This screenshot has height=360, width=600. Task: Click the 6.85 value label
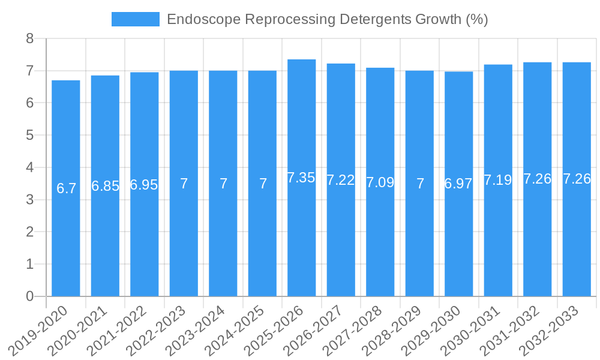point(105,186)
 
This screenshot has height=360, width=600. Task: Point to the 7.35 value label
point(301,178)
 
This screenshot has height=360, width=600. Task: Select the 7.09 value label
point(380,182)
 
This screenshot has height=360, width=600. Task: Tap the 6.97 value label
point(458,184)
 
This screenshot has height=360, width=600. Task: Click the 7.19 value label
point(498,180)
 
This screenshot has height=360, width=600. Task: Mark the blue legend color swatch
point(136,19)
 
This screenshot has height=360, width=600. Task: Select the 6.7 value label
point(66,188)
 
